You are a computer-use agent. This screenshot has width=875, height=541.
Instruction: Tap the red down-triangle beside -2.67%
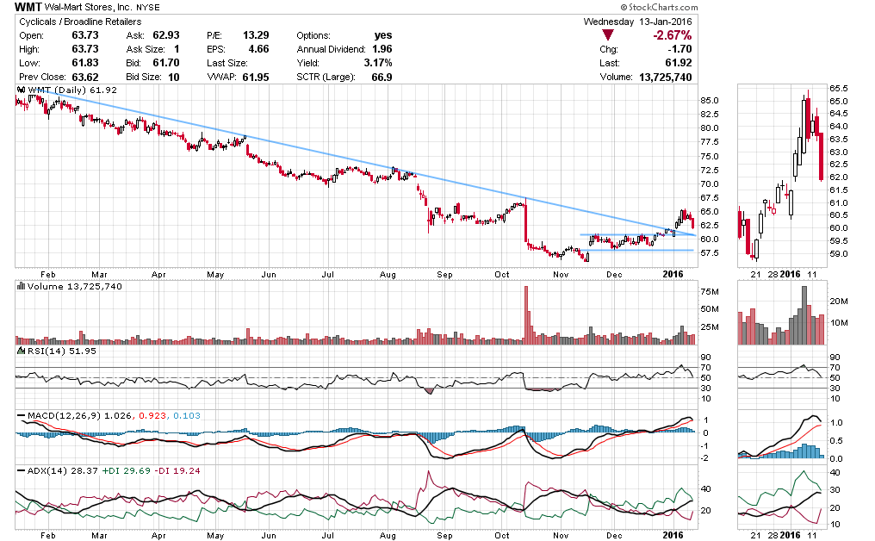tap(608, 35)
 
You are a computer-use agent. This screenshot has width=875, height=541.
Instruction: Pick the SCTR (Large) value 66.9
tap(379, 77)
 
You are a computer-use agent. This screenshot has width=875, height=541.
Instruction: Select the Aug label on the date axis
tap(387, 274)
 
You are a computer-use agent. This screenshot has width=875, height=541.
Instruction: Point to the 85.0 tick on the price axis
tap(710, 100)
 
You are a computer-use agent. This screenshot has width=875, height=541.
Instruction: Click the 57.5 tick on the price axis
tap(710, 253)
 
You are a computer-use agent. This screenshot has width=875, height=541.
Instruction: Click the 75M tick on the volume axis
tap(709, 291)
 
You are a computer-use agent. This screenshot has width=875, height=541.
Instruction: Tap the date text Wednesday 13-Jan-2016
tap(637, 21)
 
